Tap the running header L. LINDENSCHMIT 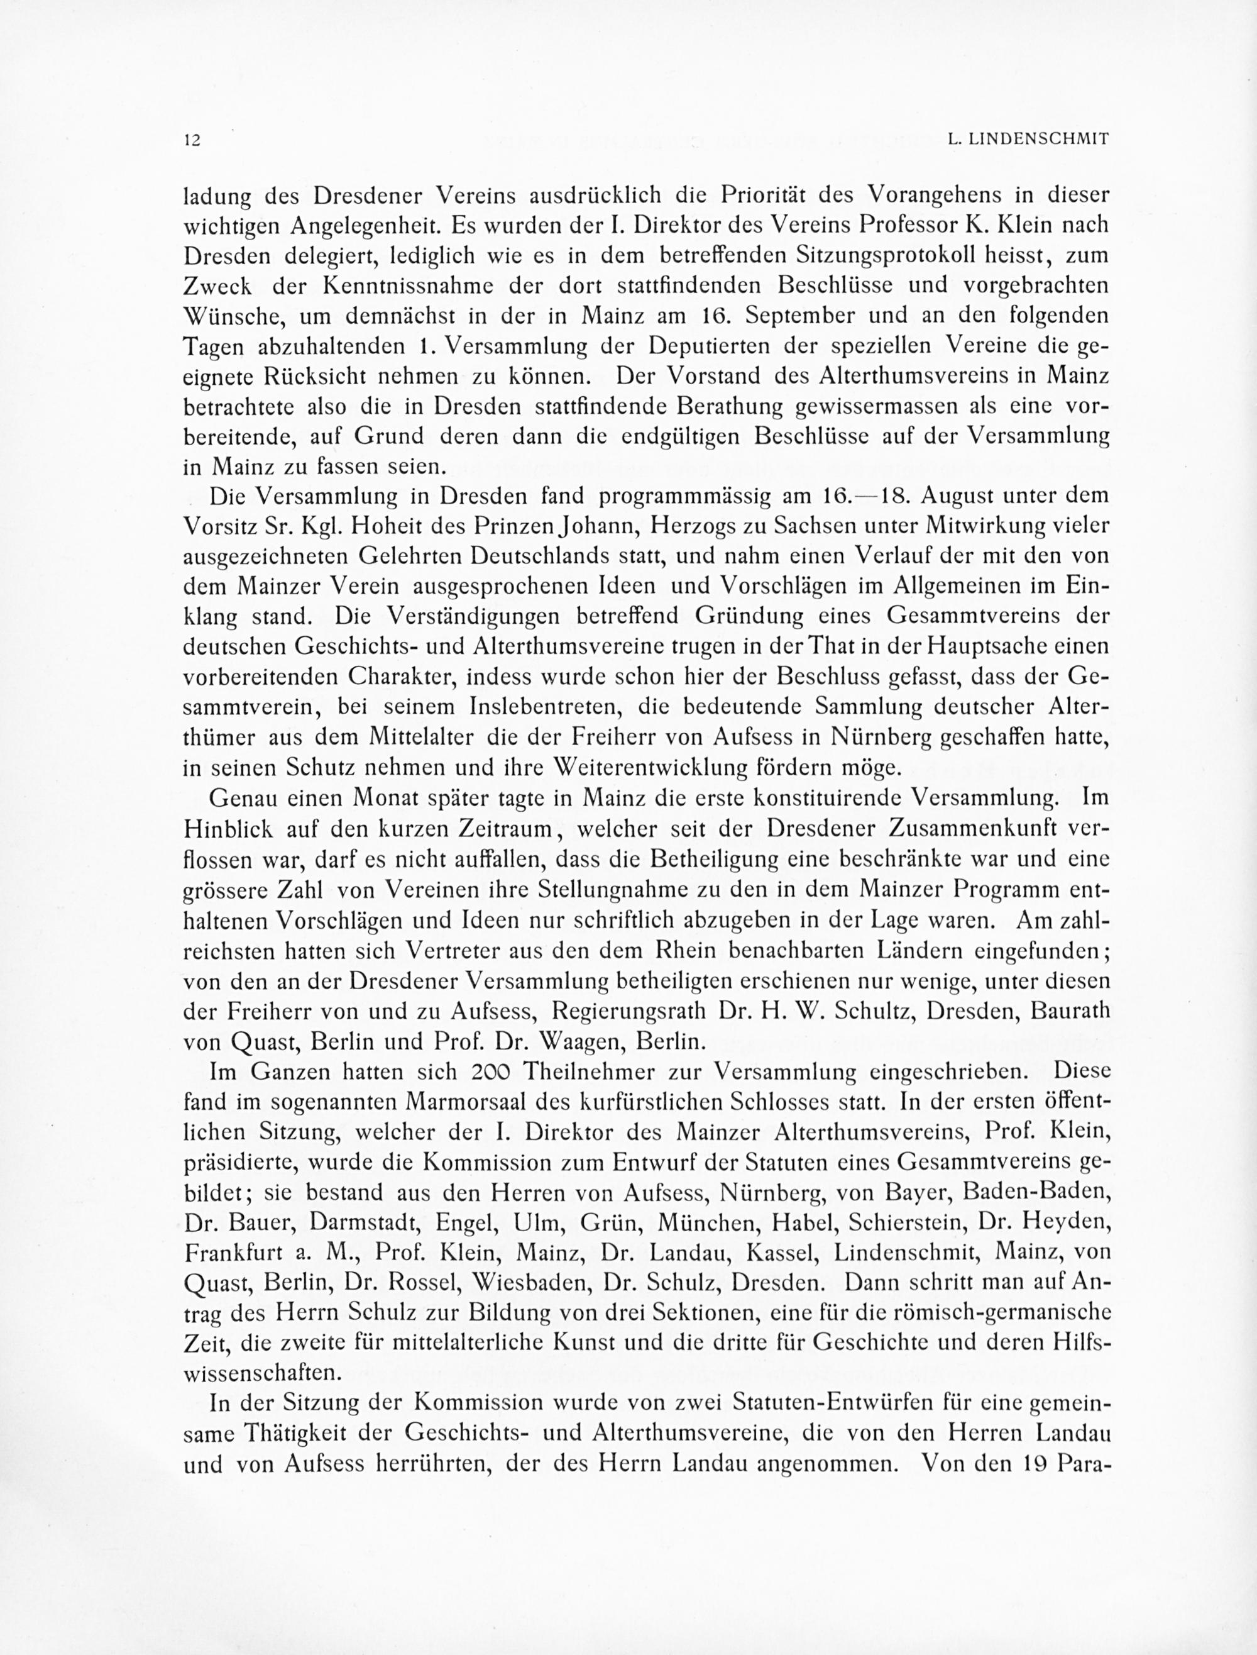pyautogui.click(x=1028, y=138)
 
